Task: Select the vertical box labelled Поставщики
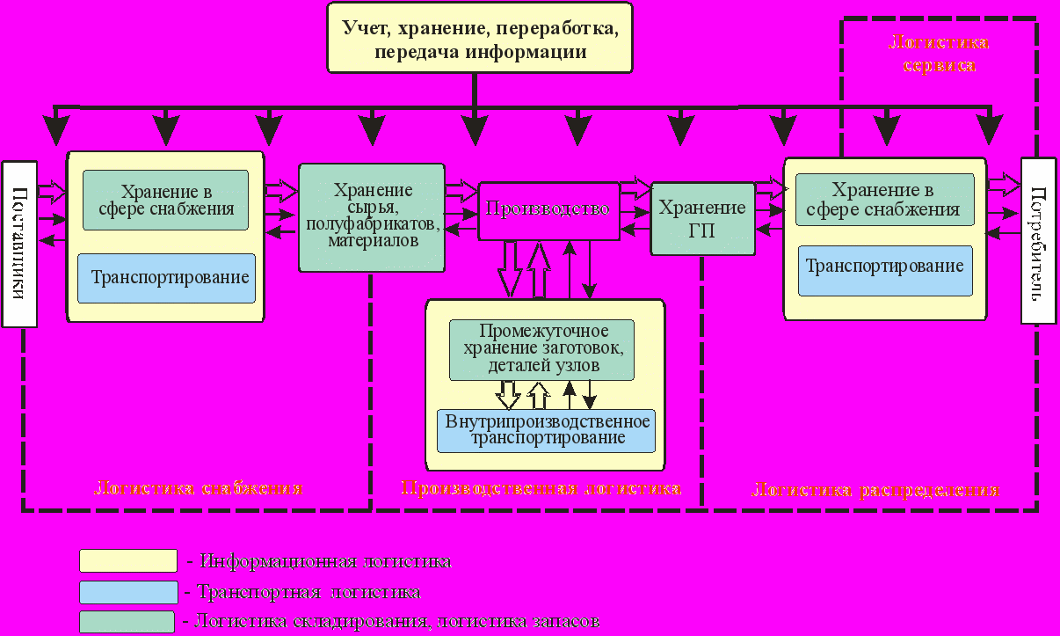[19, 244]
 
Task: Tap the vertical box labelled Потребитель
[1036, 241]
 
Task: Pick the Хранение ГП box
[702, 218]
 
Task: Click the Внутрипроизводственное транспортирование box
[547, 429]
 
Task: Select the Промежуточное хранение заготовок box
[541, 349]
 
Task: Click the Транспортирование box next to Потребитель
[884, 267]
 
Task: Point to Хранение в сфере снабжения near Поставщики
[165, 201]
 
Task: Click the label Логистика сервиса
[940, 55]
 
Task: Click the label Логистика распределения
[875, 490]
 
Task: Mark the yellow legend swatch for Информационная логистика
[128, 560]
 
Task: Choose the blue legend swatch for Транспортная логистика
[128, 591]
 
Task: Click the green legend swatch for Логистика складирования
[128, 621]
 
